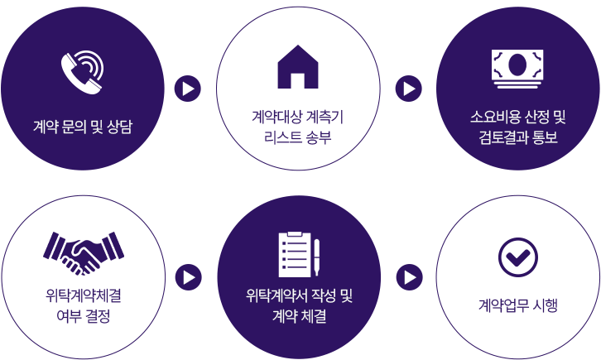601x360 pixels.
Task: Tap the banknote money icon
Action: click(517, 69)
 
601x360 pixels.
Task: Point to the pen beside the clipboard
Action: click(316, 257)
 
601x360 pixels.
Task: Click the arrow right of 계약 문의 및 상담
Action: click(188, 89)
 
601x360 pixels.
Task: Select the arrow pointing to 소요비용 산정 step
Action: click(409, 89)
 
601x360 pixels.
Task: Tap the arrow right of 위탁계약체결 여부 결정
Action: click(189, 277)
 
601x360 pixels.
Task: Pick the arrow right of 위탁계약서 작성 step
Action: click(410, 277)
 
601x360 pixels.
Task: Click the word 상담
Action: click(119, 127)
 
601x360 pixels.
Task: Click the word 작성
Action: click(324, 295)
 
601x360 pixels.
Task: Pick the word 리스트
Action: click(282, 137)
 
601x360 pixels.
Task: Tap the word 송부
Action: click(318, 137)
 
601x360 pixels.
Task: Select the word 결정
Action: click(104, 315)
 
